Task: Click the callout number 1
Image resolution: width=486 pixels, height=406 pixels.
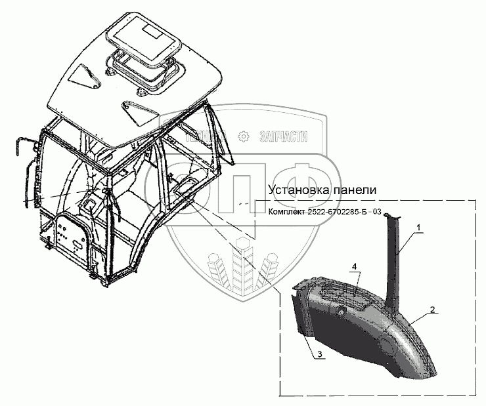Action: tap(419, 228)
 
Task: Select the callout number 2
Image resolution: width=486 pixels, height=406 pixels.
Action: tap(432, 309)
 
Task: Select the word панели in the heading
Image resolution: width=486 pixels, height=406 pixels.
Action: tap(355, 190)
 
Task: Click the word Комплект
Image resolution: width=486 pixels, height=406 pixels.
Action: tap(288, 211)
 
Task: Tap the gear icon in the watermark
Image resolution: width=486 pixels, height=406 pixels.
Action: tap(244, 136)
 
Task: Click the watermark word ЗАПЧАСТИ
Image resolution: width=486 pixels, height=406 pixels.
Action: tap(284, 136)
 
